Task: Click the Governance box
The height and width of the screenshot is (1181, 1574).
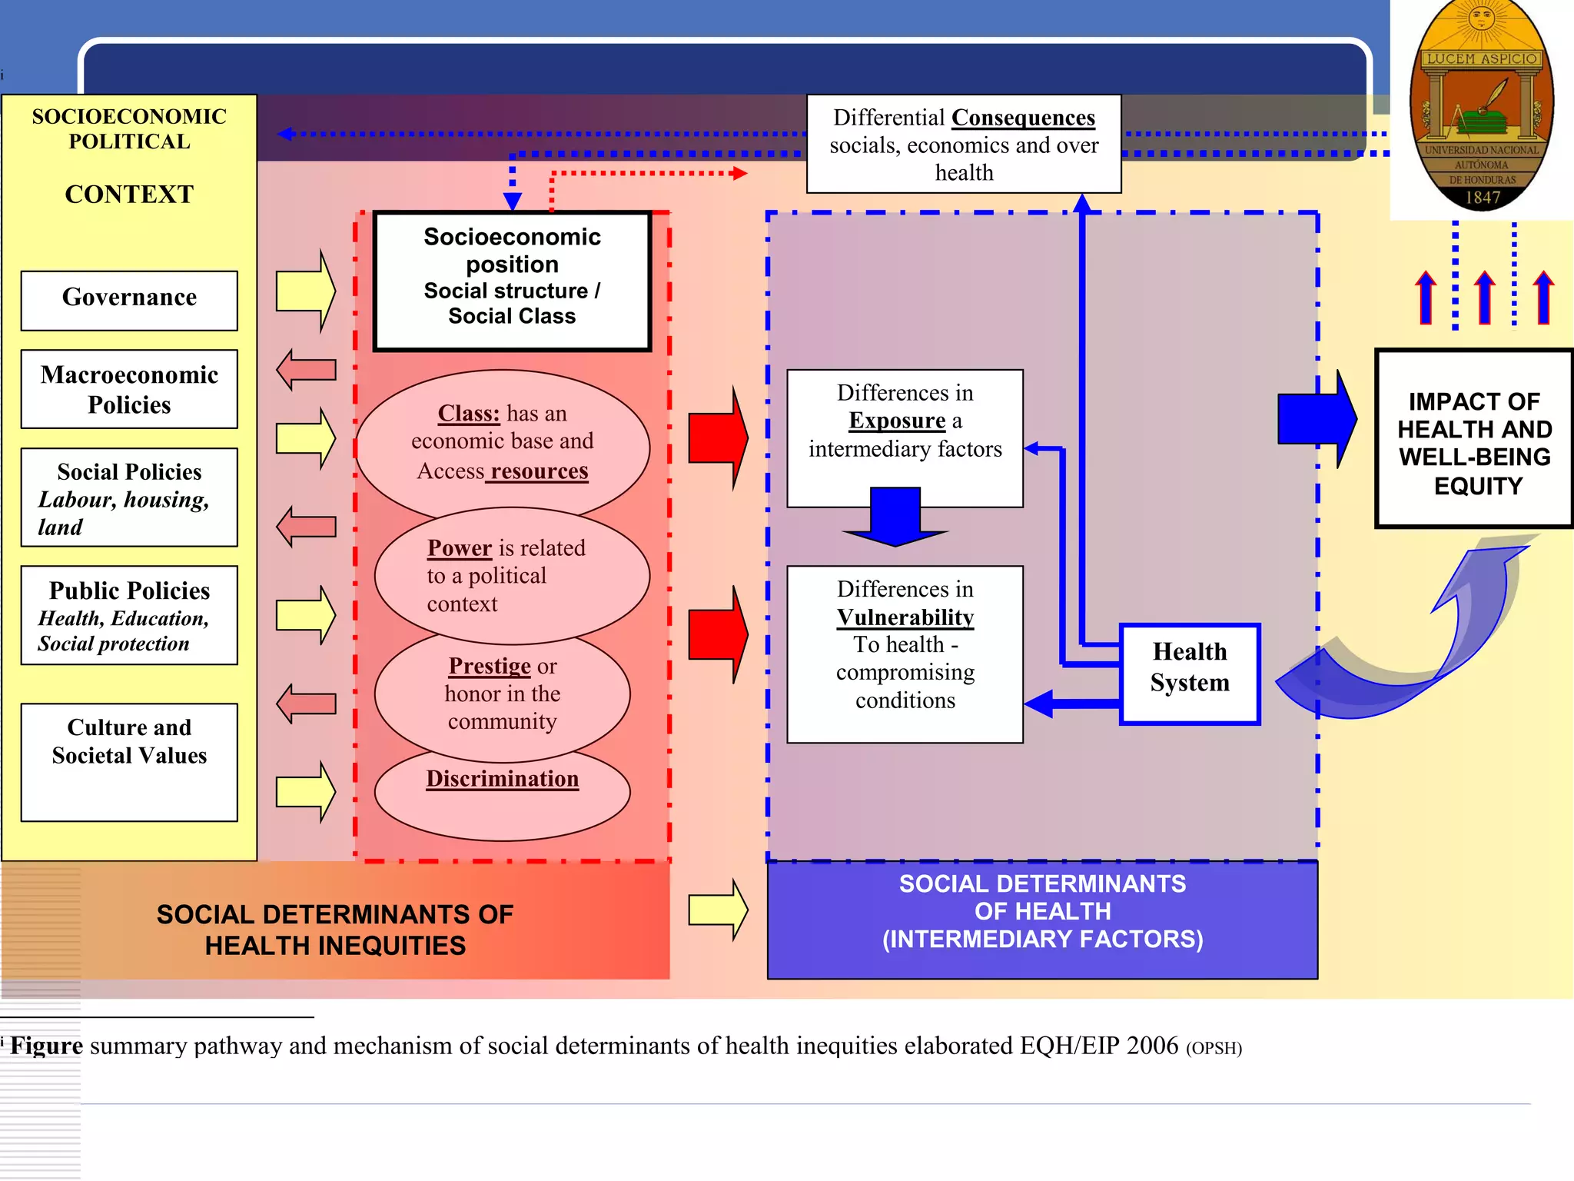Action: tap(129, 300)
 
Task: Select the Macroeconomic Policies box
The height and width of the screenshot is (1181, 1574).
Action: tap(129, 389)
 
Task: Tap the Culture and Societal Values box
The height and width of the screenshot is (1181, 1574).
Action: tap(129, 761)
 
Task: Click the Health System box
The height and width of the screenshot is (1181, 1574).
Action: tap(1190, 674)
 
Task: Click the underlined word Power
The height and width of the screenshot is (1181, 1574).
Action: tap(459, 548)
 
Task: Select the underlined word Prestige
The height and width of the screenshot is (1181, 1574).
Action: tap(489, 666)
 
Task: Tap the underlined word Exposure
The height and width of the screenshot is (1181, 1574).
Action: tap(896, 421)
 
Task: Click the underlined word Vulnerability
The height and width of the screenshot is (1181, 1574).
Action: tap(905, 617)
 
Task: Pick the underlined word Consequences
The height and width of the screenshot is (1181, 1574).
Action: tap(1023, 118)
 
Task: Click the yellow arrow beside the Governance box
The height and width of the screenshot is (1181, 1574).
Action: tap(305, 291)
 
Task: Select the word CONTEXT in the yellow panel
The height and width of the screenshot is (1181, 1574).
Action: tap(129, 195)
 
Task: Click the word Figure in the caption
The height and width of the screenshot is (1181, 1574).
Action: tap(46, 1046)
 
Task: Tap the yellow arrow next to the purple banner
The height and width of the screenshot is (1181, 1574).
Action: tap(717, 910)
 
